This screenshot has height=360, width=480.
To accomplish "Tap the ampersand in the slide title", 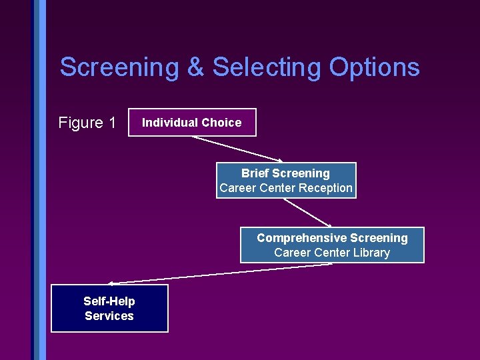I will tap(195, 68).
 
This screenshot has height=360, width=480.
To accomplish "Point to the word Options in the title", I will tap(374, 68).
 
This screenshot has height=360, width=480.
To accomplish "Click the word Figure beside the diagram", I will tap(79, 123).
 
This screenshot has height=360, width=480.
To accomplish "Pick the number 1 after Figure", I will tap(111, 123).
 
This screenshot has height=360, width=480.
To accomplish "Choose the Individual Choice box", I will tap(192, 122).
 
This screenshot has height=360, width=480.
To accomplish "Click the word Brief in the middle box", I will tap(255, 173).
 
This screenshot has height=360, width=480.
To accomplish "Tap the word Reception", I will tap(325, 188).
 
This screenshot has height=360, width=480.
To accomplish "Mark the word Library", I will tap(372, 253).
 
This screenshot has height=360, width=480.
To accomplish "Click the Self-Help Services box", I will tap(109, 309).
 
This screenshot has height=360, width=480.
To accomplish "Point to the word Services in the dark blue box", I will tap(109, 316).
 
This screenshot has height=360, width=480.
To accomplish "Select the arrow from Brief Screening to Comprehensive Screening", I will tap(308, 213).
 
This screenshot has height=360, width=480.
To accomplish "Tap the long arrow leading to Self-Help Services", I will tap(220, 273).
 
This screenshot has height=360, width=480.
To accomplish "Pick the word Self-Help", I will tap(109, 301).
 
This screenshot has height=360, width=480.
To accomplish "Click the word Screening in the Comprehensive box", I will tap(379, 238).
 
